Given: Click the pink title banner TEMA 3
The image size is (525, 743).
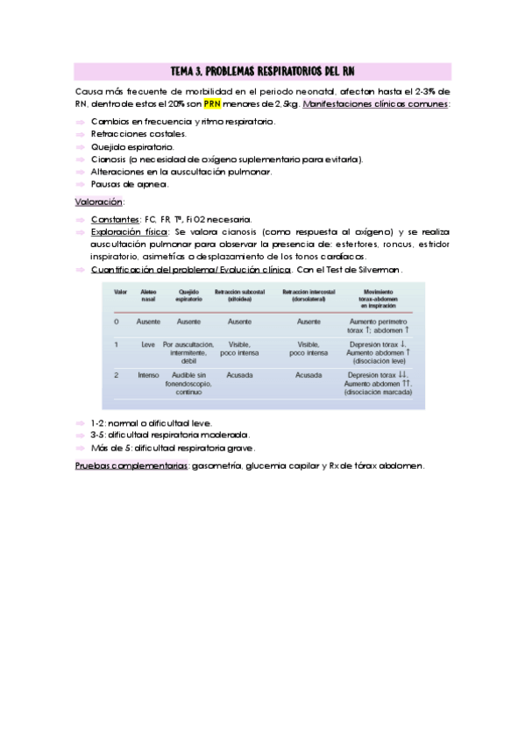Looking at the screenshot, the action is (x=262, y=70).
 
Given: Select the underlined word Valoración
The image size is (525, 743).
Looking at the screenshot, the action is (x=98, y=201).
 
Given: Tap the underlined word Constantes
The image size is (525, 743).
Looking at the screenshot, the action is (x=115, y=218).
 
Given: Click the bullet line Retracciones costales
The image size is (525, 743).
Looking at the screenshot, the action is (x=138, y=134).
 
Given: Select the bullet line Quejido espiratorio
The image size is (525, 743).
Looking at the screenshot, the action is (x=132, y=147).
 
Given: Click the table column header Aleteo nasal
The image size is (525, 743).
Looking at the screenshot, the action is (x=148, y=295).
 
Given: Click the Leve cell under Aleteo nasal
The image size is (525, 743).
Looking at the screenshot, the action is (x=148, y=345).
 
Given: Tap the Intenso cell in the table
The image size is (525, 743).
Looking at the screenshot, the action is (x=148, y=375).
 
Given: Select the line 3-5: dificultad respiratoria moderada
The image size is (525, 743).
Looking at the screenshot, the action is (x=170, y=435).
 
